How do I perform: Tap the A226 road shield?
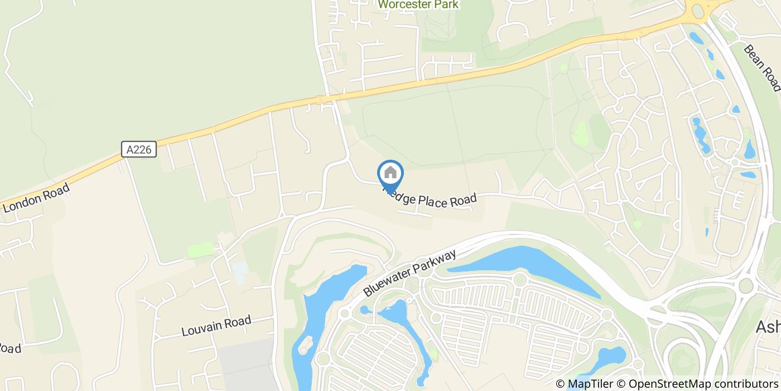click(138, 149)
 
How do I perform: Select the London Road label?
click(36, 198)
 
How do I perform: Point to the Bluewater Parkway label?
click(410, 273)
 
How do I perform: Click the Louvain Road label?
click(216, 326)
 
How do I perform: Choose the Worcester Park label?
click(418, 4)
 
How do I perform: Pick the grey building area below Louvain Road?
click(245, 363)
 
